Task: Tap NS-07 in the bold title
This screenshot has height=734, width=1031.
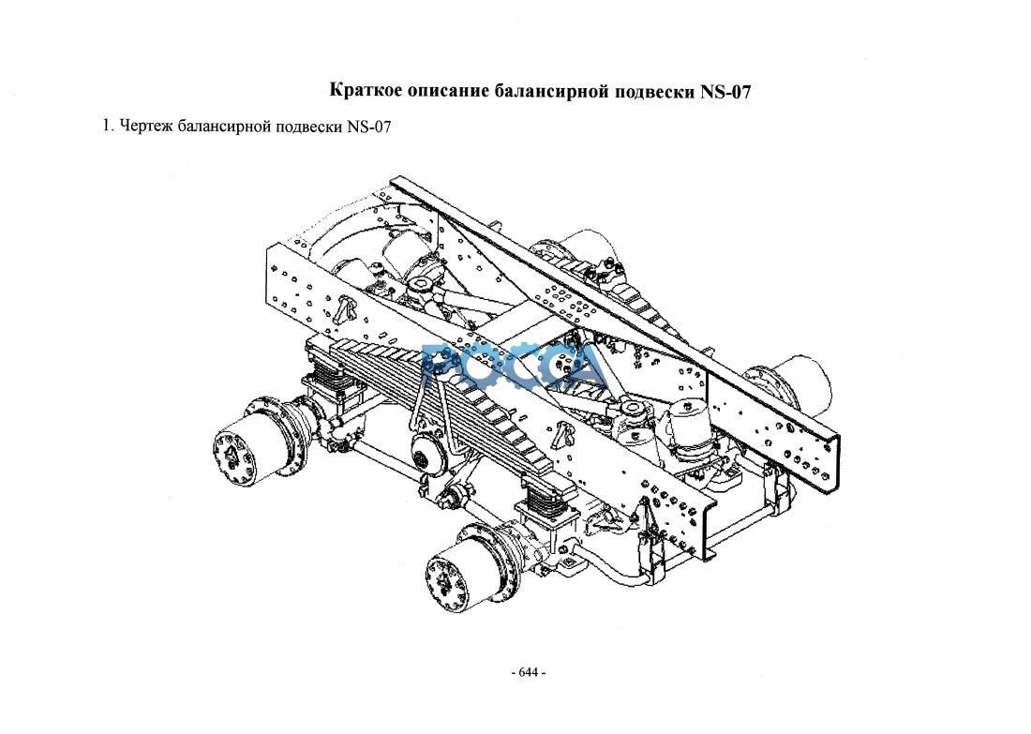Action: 725,91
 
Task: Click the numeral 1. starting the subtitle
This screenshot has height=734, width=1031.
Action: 109,126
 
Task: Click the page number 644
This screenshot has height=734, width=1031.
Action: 529,673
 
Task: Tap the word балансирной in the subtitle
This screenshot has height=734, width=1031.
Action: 226,127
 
